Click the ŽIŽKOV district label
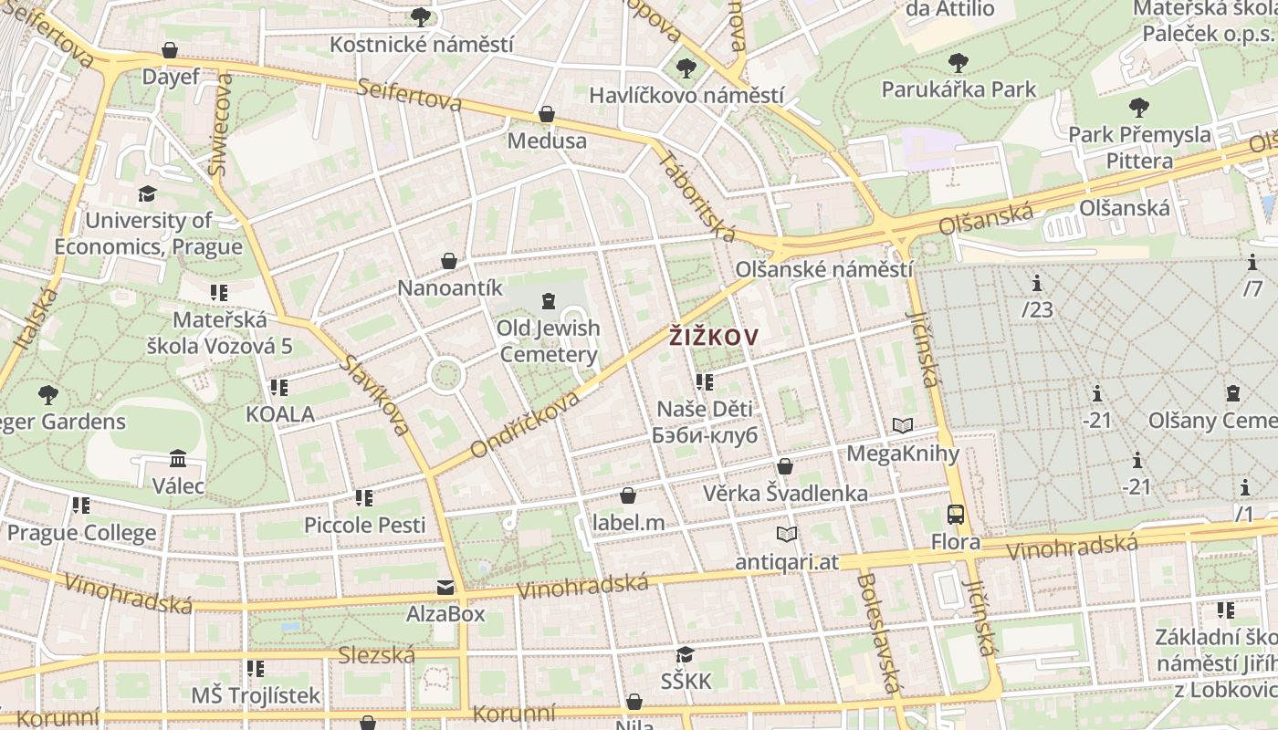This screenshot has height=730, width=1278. [713, 338]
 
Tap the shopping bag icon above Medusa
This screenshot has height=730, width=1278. [546, 114]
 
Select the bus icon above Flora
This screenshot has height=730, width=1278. [956, 515]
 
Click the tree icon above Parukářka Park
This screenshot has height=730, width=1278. [958, 63]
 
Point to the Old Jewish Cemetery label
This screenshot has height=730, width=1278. [548, 341]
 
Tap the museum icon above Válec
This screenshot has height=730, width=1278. [178, 458]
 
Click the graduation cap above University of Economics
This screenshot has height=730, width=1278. [147, 193]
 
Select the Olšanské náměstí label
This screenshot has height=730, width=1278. [823, 269]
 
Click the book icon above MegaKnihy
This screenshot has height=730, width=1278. [903, 425]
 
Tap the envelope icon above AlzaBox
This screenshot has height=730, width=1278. [445, 587]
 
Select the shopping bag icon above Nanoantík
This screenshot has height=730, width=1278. [449, 261]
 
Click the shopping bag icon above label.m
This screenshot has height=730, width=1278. [628, 495]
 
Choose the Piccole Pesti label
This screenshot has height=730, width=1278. [364, 525]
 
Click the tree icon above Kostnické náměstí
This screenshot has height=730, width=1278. [421, 16]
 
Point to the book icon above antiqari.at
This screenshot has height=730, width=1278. [786, 534]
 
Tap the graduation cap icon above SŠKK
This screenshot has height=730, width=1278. [686, 654]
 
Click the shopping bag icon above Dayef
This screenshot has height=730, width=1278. [170, 49]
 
